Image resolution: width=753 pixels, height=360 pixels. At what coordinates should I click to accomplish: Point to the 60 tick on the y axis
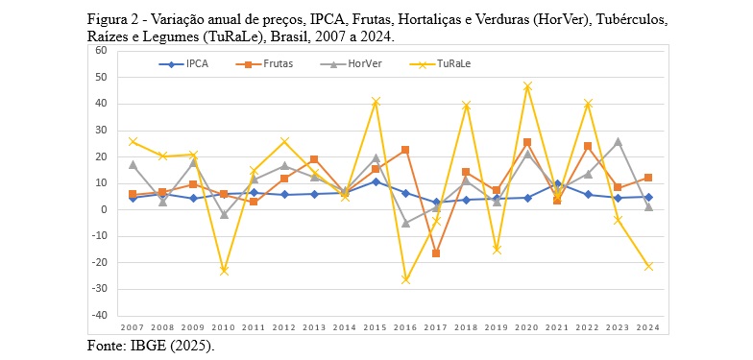101,50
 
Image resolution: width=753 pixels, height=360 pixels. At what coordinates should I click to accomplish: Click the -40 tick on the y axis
99,315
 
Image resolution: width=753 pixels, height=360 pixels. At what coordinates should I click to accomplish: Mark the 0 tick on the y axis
104,209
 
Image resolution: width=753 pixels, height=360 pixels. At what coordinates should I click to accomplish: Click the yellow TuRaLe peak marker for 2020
527,86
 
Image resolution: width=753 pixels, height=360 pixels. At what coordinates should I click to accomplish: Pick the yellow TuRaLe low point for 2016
406,279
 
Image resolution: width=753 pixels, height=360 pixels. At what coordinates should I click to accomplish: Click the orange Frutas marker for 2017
436,253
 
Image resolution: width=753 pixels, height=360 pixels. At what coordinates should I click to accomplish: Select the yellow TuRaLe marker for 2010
224,271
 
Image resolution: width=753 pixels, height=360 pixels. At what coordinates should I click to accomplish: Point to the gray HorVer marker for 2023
618,141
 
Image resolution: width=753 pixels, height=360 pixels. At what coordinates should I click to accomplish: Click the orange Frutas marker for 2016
406,150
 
